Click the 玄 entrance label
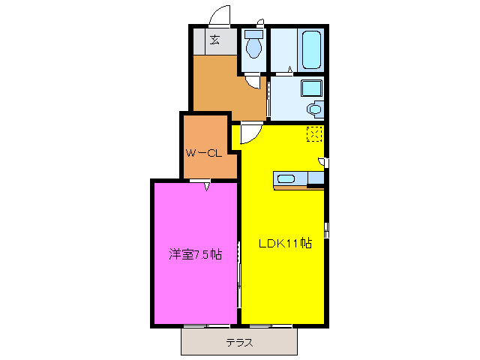[x=215, y=40]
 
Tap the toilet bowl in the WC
[x=253, y=49]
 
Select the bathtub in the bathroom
[x=309, y=49]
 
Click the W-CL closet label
[x=203, y=153]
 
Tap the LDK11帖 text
[x=285, y=243]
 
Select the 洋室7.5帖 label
[x=194, y=254]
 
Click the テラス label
[x=239, y=343]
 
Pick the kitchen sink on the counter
[x=286, y=178]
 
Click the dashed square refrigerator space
[x=313, y=135]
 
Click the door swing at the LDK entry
[x=250, y=133]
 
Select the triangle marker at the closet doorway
[x=205, y=187]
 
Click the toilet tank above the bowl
[x=253, y=34]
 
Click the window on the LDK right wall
[x=326, y=229]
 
